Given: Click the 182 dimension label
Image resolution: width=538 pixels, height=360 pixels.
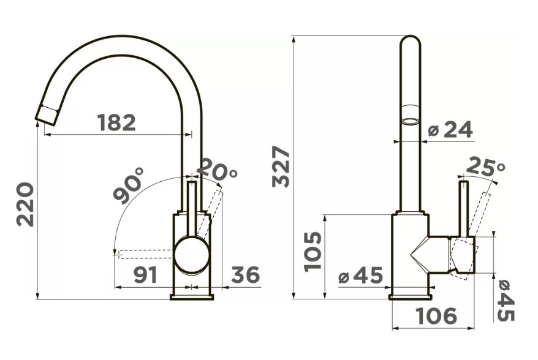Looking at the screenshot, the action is pyautogui.click(x=116, y=122).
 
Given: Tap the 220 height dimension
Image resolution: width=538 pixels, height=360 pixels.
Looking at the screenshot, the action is pyautogui.click(x=26, y=204).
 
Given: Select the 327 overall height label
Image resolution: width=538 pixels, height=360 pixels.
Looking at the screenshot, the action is pyautogui.click(x=281, y=167).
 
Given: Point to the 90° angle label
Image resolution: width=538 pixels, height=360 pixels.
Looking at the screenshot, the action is pyautogui.click(x=129, y=186).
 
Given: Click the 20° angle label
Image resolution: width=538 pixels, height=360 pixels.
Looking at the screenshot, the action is pyautogui.click(x=218, y=170).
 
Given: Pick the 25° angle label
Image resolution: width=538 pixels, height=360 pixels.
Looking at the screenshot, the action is pyautogui.click(x=486, y=167).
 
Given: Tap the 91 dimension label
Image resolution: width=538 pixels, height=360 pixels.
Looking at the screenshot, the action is pyautogui.click(x=145, y=275).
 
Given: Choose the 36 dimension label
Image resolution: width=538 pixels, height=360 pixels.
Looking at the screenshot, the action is pyautogui.click(x=246, y=275).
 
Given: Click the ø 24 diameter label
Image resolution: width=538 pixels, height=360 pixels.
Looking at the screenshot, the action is pyautogui.click(x=451, y=130).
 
